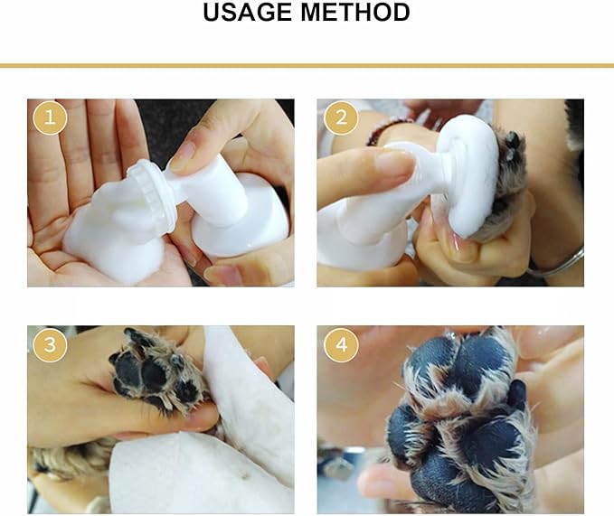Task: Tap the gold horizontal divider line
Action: click(307, 65)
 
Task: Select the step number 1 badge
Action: click(50, 118)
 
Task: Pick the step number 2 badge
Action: click(339, 118)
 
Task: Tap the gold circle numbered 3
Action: click(50, 344)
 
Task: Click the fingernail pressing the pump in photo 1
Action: click(182, 155)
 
